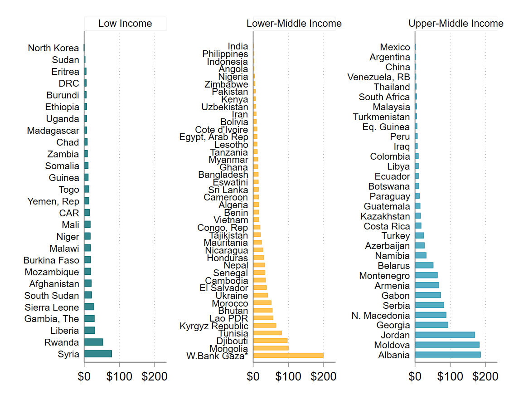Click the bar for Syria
pos(98,354)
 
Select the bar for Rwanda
pos(94,342)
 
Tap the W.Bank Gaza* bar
pos(288,356)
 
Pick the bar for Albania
pos(448,355)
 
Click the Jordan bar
pos(445,335)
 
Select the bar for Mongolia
pos(271,348)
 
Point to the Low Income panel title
pos(125,24)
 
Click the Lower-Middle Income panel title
pos(294,24)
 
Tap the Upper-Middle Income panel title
pos(456,24)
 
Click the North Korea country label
pos(53,48)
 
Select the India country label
pos(238,46)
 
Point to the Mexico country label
pos(395,47)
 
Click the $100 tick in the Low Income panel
pos(119,377)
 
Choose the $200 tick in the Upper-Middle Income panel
pos(485,377)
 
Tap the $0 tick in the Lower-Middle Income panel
pos(253,377)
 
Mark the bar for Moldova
pos(447,345)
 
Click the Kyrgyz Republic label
pos(214,326)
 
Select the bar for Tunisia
pos(267,333)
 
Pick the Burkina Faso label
pos(51,260)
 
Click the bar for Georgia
pos(432,325)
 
